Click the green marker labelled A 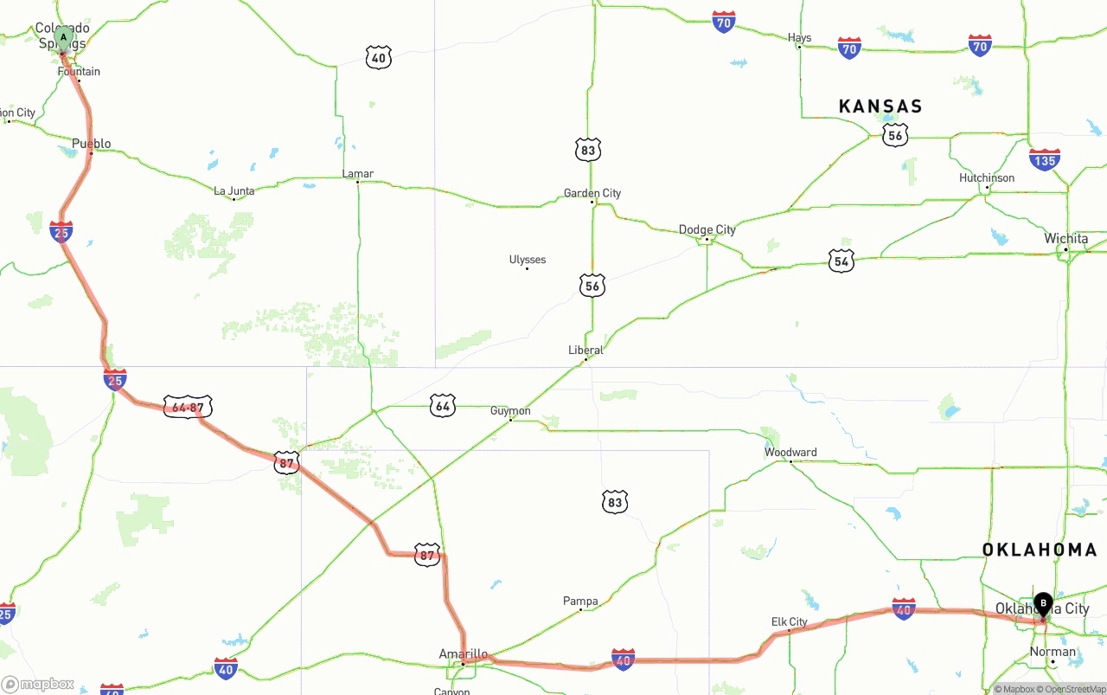(x=63, y=38)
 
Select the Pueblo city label (x=92, y=144)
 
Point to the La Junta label (x=234, y=190)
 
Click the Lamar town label (x=358, y=174)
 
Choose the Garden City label (x=592, y=193)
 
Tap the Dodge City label (x=707, y=229)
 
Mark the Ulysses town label (x=528, y=260)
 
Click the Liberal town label (x=585, y=350)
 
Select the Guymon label (x=510, y=411)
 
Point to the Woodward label (x=790, y=453)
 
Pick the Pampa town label (x=580, y=602)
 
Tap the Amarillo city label (x=464, y=654)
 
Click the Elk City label (x=789, y=622)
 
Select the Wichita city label (x=1066, y=239)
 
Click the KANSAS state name (x=880, y=106)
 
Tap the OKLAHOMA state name (x=1040, y=550)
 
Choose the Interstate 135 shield (x=1045, y=160)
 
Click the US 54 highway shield (x=841, y=261)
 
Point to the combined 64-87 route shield (x=188, y=407)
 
